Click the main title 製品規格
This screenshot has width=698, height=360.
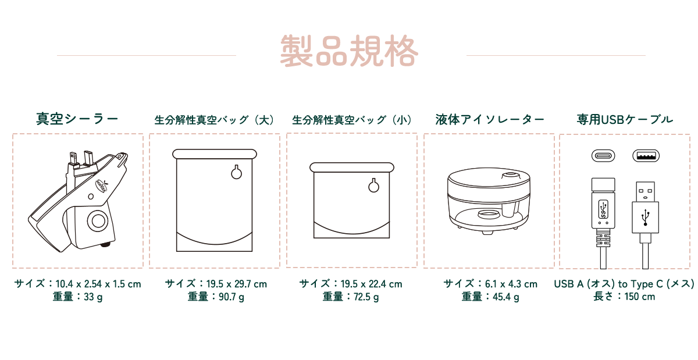349,51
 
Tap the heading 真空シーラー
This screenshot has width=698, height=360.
77,119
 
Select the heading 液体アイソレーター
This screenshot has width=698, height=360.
490,119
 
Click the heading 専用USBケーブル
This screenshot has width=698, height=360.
625,119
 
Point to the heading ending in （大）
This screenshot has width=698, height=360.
215,120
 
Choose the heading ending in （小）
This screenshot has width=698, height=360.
352,120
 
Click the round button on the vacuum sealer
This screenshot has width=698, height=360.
98,220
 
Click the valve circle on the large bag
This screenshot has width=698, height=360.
237,172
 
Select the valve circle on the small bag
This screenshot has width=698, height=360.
373,186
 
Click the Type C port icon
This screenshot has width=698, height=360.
603,156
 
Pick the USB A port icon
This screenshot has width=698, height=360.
646,156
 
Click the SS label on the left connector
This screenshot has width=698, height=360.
603,209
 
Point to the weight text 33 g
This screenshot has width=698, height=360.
93,297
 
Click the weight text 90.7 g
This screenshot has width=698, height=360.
232,297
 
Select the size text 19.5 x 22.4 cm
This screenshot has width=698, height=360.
372,284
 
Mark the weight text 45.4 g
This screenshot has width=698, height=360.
505,297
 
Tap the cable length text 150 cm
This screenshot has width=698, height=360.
640,297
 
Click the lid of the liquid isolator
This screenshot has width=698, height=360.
489,181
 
